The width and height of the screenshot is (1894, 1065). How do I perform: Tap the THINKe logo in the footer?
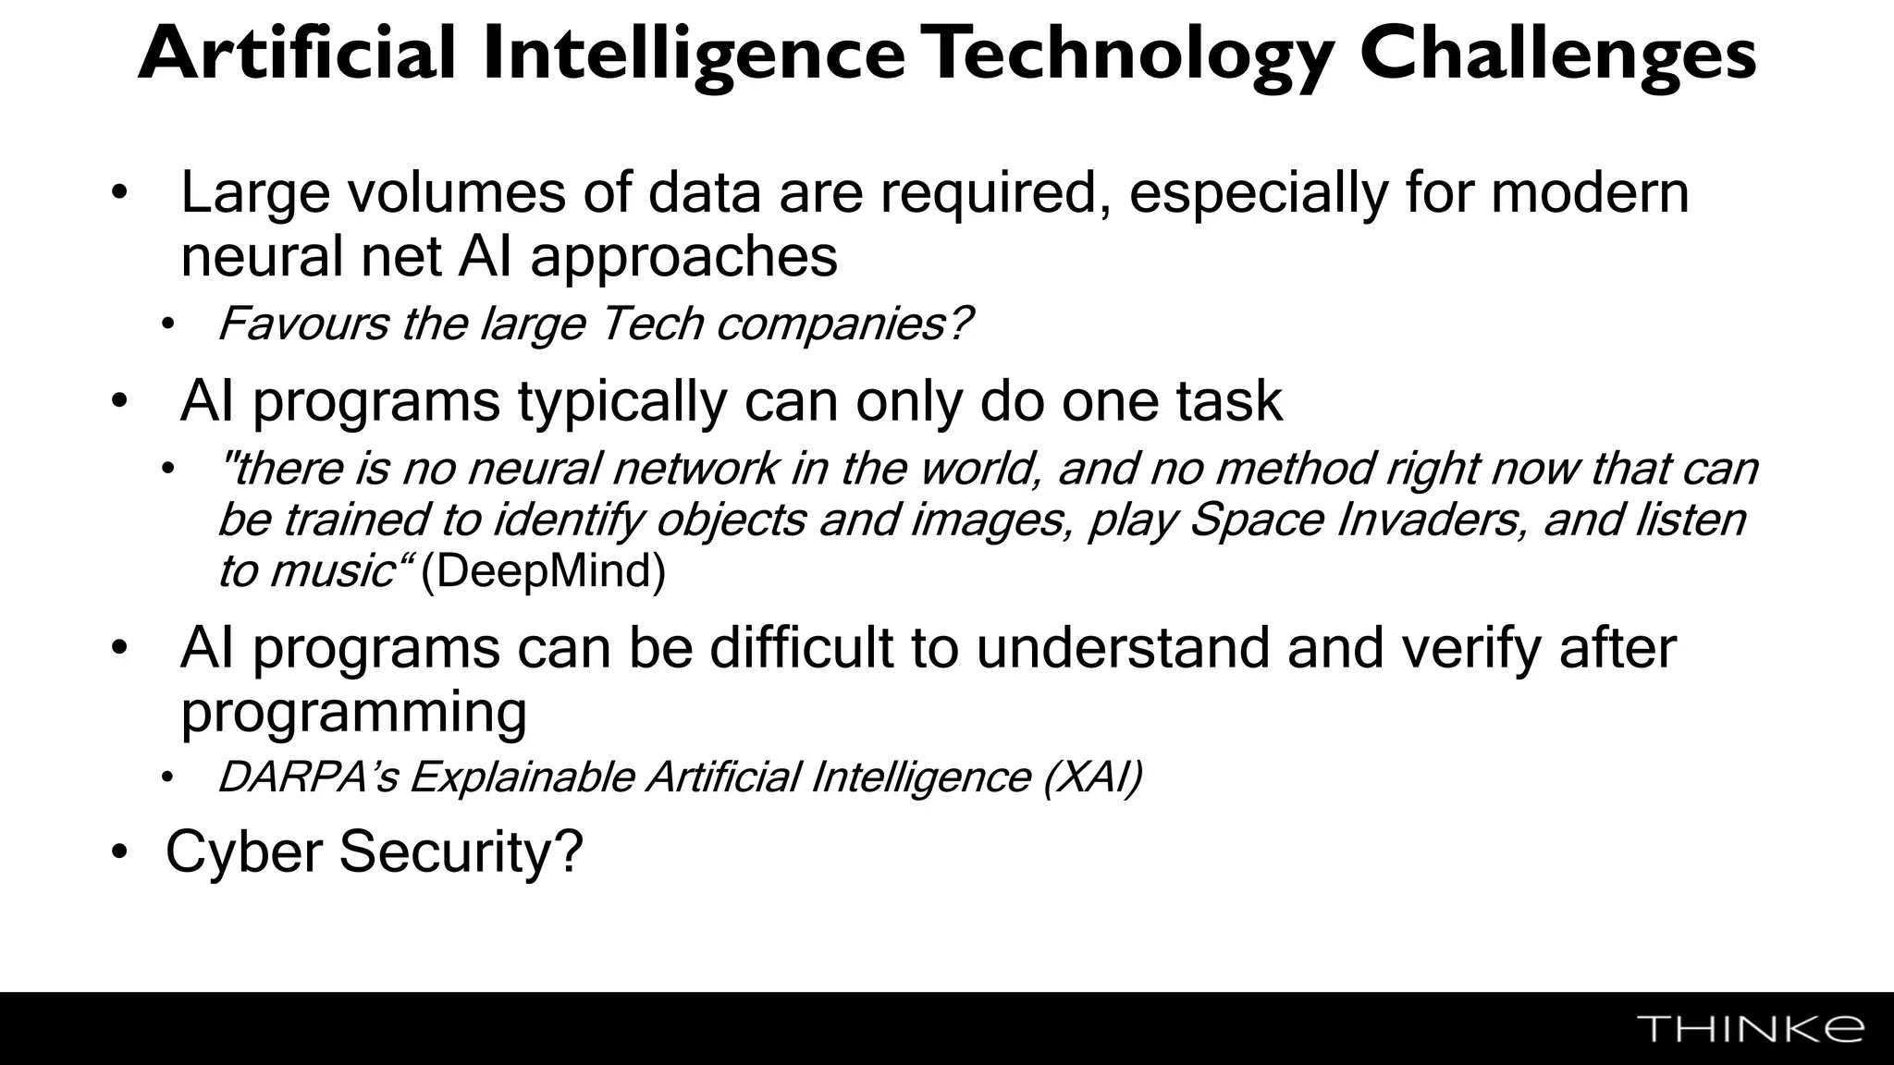pos(1751,1029)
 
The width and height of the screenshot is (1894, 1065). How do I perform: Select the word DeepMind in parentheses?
pos(543,571)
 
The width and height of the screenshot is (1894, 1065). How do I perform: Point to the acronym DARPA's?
pos(307,777)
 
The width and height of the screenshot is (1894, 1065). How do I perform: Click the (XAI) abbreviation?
pos(1092,777)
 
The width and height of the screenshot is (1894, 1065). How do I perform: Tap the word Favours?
pos(303,324)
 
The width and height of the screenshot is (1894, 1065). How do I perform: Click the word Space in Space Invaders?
pos(1257,520)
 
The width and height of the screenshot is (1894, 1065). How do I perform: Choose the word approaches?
pos(683,256)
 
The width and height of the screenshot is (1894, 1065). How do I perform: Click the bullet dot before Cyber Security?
pos(118,853)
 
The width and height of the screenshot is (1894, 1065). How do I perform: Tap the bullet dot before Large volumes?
pos(118,194)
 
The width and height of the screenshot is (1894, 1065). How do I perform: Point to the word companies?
pos(844,324)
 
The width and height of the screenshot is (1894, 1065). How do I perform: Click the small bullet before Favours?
pos(167,325)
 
